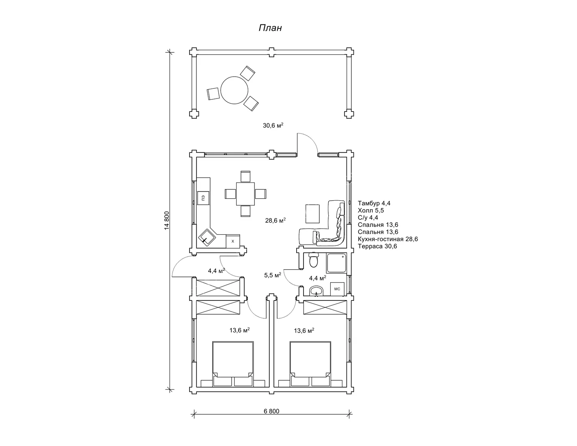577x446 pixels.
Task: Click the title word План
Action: pyautogui.click(x=270, y=28)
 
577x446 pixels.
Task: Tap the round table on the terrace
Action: pyautogui.click(x=234, y=90)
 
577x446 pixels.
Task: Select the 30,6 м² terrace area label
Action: pyautogui.click(x=273, y=125)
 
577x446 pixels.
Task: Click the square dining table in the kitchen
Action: pyautogui.click(x=245, y=194)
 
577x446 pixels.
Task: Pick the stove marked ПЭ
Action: pyautogui.click(x=203, y=198)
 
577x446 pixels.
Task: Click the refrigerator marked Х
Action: pyautogui.click(x=233, y=241)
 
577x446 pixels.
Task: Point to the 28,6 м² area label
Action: pyautogui.click(x=276, y=221)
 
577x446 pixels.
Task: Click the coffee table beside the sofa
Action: pyautogui.click(x=312, y=214)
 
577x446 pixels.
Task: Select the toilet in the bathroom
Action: pyautogui.click(x=314, y=260)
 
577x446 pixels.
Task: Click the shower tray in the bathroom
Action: pyautogui.click(x=337, y=263)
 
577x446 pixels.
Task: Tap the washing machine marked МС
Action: pyautogui.click(x=337, y=289)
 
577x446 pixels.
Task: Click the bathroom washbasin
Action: pyautogui.click(x=316, y=291)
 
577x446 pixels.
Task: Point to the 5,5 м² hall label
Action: pyautogui.click(x=272, y=275)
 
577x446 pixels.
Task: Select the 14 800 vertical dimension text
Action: pyautogui.click(x=166, y=221)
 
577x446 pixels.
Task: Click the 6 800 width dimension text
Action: pyautogui.click(x=271, y=411)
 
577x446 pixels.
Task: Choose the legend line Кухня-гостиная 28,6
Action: pyautogui.click(x=388, y=239)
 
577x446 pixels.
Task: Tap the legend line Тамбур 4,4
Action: pyautogui.click(x=374, y=203)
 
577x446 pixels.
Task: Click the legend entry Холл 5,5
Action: pyautogui.click(x=371, y=210)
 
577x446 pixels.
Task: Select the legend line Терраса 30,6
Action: pyautogui.click(x=377, y=246)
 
